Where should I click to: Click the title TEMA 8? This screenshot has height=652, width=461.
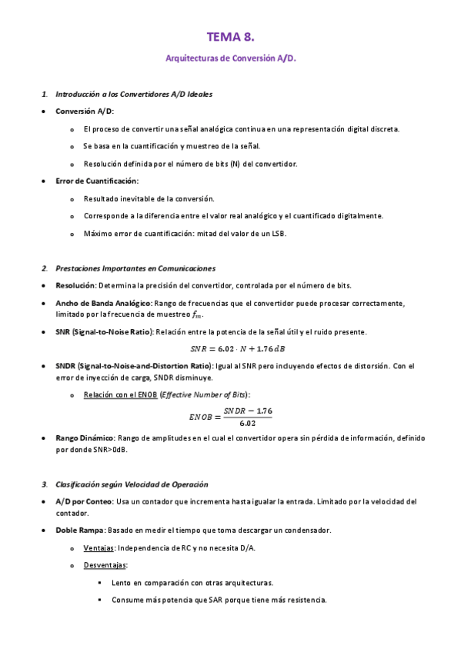coord(230,37)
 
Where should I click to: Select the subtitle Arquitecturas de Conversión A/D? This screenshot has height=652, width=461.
coord(230,58)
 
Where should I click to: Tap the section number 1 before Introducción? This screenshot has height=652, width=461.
coord(44,94)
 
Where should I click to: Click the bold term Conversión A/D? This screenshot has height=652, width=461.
coord(85,111)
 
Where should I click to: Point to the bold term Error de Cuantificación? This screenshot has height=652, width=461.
coord(97,181)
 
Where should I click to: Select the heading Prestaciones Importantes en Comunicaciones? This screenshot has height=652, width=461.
coord(135,268)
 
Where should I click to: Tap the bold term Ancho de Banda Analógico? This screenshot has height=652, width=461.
coord(103,304)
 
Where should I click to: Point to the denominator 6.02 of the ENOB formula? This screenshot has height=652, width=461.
coord(248,423)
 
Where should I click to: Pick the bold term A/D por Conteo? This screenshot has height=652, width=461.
coord(83,501)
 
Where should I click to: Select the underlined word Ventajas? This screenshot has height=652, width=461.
coord(99,548)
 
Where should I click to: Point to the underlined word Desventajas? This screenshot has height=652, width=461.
coord(105,565)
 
